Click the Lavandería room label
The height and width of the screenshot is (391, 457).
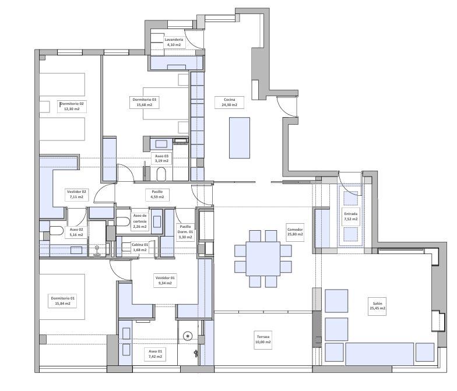(x=174, y=42)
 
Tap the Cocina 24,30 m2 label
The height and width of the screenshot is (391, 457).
(x=230, y=103)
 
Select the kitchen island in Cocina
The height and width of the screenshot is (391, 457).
(x=239, y=138)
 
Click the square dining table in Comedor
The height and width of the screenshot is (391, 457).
(x=263, y=259)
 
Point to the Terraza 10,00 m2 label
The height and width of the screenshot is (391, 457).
(x=263, y=339)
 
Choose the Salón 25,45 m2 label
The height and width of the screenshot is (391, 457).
(x=378, y=305)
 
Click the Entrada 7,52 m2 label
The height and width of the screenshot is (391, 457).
(x=351, y=216)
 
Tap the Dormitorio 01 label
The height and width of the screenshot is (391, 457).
(x=63, y=301)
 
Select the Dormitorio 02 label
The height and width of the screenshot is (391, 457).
(x=72, y=106)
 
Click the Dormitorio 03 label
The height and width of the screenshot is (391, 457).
(x=145, y=103)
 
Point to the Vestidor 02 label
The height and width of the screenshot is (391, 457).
(x=76, y=195)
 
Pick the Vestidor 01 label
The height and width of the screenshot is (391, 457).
(x=165, y=281)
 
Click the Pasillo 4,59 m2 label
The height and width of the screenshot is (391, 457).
(x=157, y=195)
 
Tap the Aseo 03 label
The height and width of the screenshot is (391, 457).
(x=161, y=158)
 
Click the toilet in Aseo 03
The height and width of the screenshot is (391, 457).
(x=161, y=174)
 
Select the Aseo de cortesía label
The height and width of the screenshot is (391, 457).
(x=140, y=221)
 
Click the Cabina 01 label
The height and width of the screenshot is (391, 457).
(x=140, y=247)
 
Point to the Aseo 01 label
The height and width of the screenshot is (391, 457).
(x=155, y=354)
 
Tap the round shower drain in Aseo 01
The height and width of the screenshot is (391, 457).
(x=188, y=336)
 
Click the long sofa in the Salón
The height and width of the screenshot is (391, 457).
(x=380, y=354)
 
